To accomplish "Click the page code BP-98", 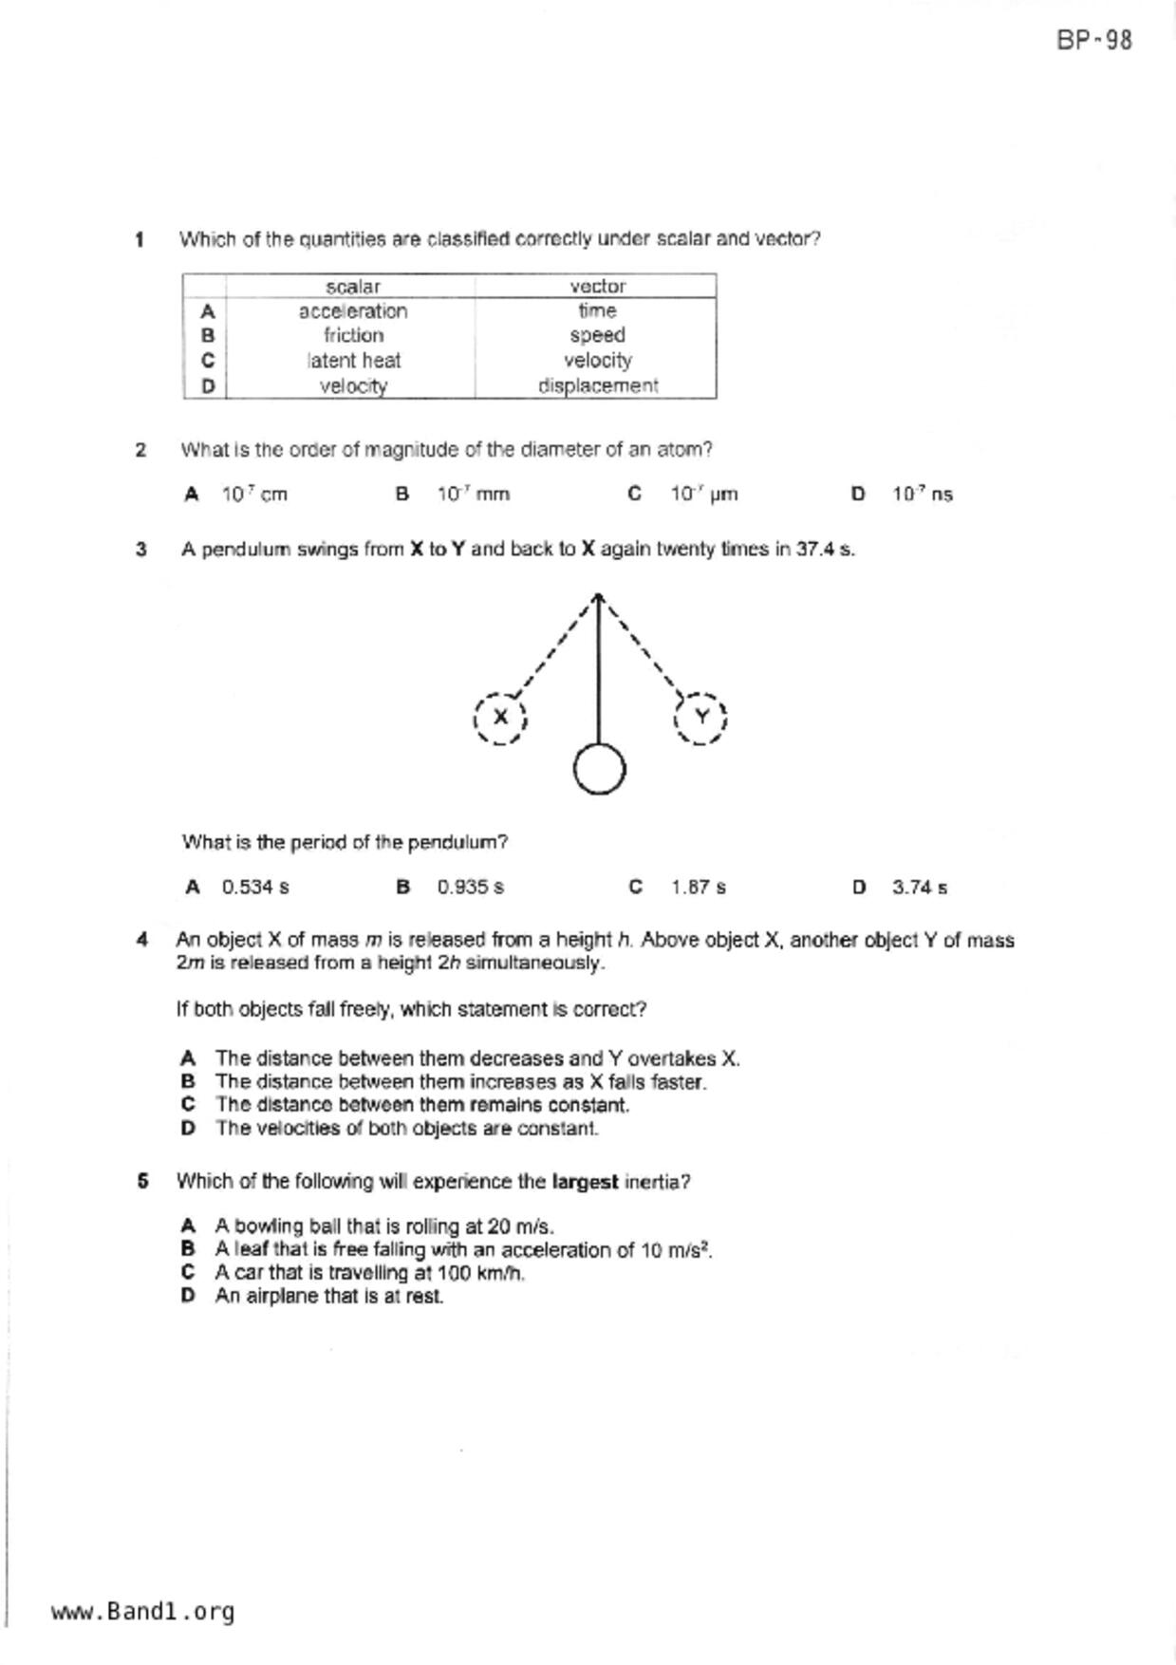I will (1093, 41).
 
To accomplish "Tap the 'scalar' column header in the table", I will (352, 287).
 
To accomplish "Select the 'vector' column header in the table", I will (597, 287).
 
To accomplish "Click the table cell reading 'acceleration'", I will (352, 311).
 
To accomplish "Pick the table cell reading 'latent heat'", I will (353, 361).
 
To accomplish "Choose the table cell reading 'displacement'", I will (597, 386).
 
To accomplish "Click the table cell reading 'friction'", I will (353, 336).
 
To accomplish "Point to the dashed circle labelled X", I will (500, 718).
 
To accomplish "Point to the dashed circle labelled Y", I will (700, 718).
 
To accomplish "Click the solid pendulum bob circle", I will (600, 769).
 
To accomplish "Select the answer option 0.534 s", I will (255, 888).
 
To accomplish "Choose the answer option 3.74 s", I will (919, 888).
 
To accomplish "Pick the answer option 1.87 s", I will (698, 888).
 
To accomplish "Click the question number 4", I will (142, 940).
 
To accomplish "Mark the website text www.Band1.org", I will (142, 1612).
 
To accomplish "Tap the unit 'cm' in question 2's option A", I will (273, 495).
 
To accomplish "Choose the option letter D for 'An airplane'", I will (188, 1297).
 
